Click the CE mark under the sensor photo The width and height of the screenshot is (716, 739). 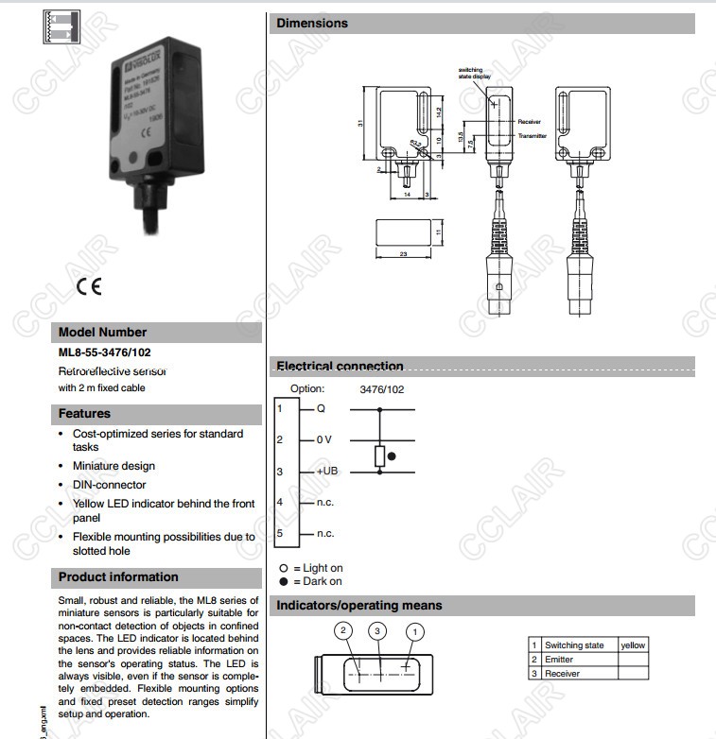pyautogui.click(x=89, y=287)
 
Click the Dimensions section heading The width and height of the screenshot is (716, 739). pyautogui.click(x=312, y=23)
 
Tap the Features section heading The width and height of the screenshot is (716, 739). pyautogui.click(x=84, y=413)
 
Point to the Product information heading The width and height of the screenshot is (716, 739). pyautogui.click(x=118, y=576)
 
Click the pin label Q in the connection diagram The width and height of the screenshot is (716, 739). pyautogui.click(x=320, y=408)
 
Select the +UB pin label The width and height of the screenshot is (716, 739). pyautogui.click(x=326, y=471)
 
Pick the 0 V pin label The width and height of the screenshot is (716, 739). pyautogui.click(x=323, y=439)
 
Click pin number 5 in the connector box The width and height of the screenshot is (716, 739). pyautogui.click(x=280, y=533)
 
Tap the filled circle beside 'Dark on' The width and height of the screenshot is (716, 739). pyautogui.click(x=283, y=581)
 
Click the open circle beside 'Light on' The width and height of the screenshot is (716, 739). pyautogui.click(x=283, y=569)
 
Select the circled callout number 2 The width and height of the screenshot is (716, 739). pyautogui.click(x=344, y=630)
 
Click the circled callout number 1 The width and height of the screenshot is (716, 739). pyautogui.click(x=413, y=630)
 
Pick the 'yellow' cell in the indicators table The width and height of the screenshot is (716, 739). pyautogui.click(x=632, y=645)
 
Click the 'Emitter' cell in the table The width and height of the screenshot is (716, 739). pyautogui.click(x=559, y=660)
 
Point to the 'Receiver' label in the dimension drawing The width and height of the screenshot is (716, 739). pyautogui.click(x=529, y=122)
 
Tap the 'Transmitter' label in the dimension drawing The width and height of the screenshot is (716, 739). pyautogui.click(x=533, y=136)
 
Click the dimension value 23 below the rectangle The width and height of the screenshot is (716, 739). pyautogui.click(x=403, y=254)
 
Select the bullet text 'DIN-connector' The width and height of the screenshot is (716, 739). pyautogui.click(x=110, y=485)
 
